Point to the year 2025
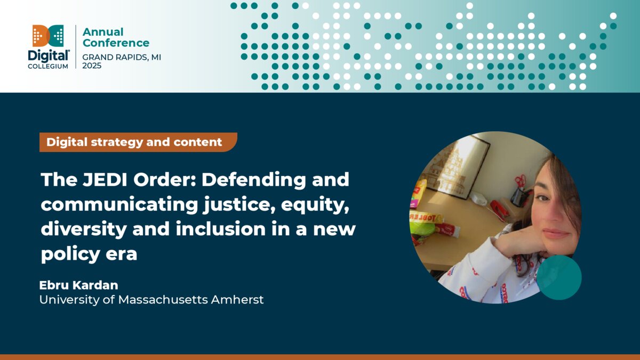click(92, 66)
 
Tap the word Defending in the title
click(253, 180)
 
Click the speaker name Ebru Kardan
click(78, 285)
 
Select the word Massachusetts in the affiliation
click(163, 300)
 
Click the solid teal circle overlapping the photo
click(558, 277)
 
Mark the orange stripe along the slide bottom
click(320, 357)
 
